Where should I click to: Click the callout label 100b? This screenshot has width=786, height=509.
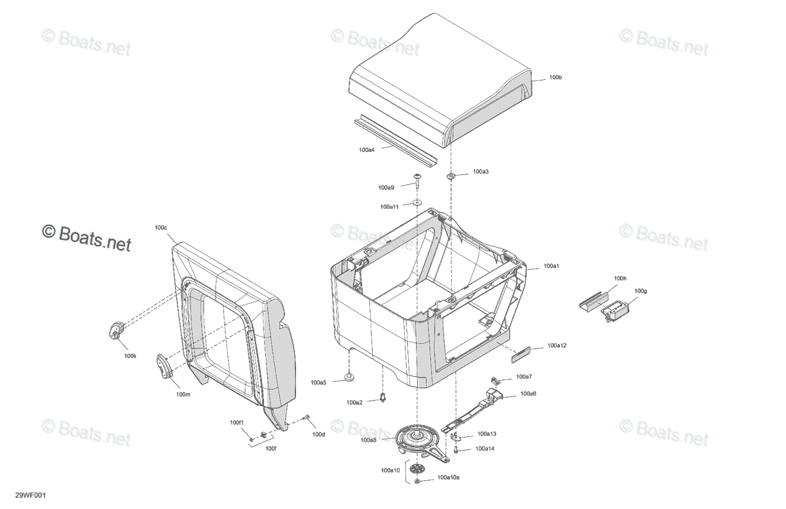pyautogui.click(x=555, y=77)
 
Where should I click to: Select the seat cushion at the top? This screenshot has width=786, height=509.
pyautogui.click(x=441, y=80)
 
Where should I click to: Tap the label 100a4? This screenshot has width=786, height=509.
pyautogui.click(x=367, y=150)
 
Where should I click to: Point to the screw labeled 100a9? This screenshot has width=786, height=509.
pyautogui.click(x=417, y=179)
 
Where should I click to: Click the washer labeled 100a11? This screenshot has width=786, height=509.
pyautogui.click(x=417, y=202)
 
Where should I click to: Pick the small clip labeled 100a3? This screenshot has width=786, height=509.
pyautogui.click(x=451, y=176)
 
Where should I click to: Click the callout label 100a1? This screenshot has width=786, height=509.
pyautogui.click(x=552, y=266)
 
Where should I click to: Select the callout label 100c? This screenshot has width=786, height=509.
pyautogui.click(x=160, y=228)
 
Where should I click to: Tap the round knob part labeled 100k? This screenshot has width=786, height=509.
pyautogui.click(x=116, y=330)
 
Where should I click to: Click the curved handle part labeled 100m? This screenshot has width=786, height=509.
pyautogui.click(x=164, y=366)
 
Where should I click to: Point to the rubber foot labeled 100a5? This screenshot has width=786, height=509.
pyautogui.click(x=348, y=377)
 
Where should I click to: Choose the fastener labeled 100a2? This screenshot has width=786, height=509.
pyautogui.click(x=383, y=398)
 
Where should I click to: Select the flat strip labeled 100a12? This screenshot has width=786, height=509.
pyautogui.click(x=520, y=354)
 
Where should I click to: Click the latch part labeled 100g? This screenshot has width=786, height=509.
pyautogui.click(x=615, y=311)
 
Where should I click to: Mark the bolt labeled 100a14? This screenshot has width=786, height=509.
pyautogui.click(x=456, y=449)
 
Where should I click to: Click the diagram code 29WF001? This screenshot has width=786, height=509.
pyautogui.click(x=30, y=495)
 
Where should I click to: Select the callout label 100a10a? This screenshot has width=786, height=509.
pyautogui.click(x=449, y=478)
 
